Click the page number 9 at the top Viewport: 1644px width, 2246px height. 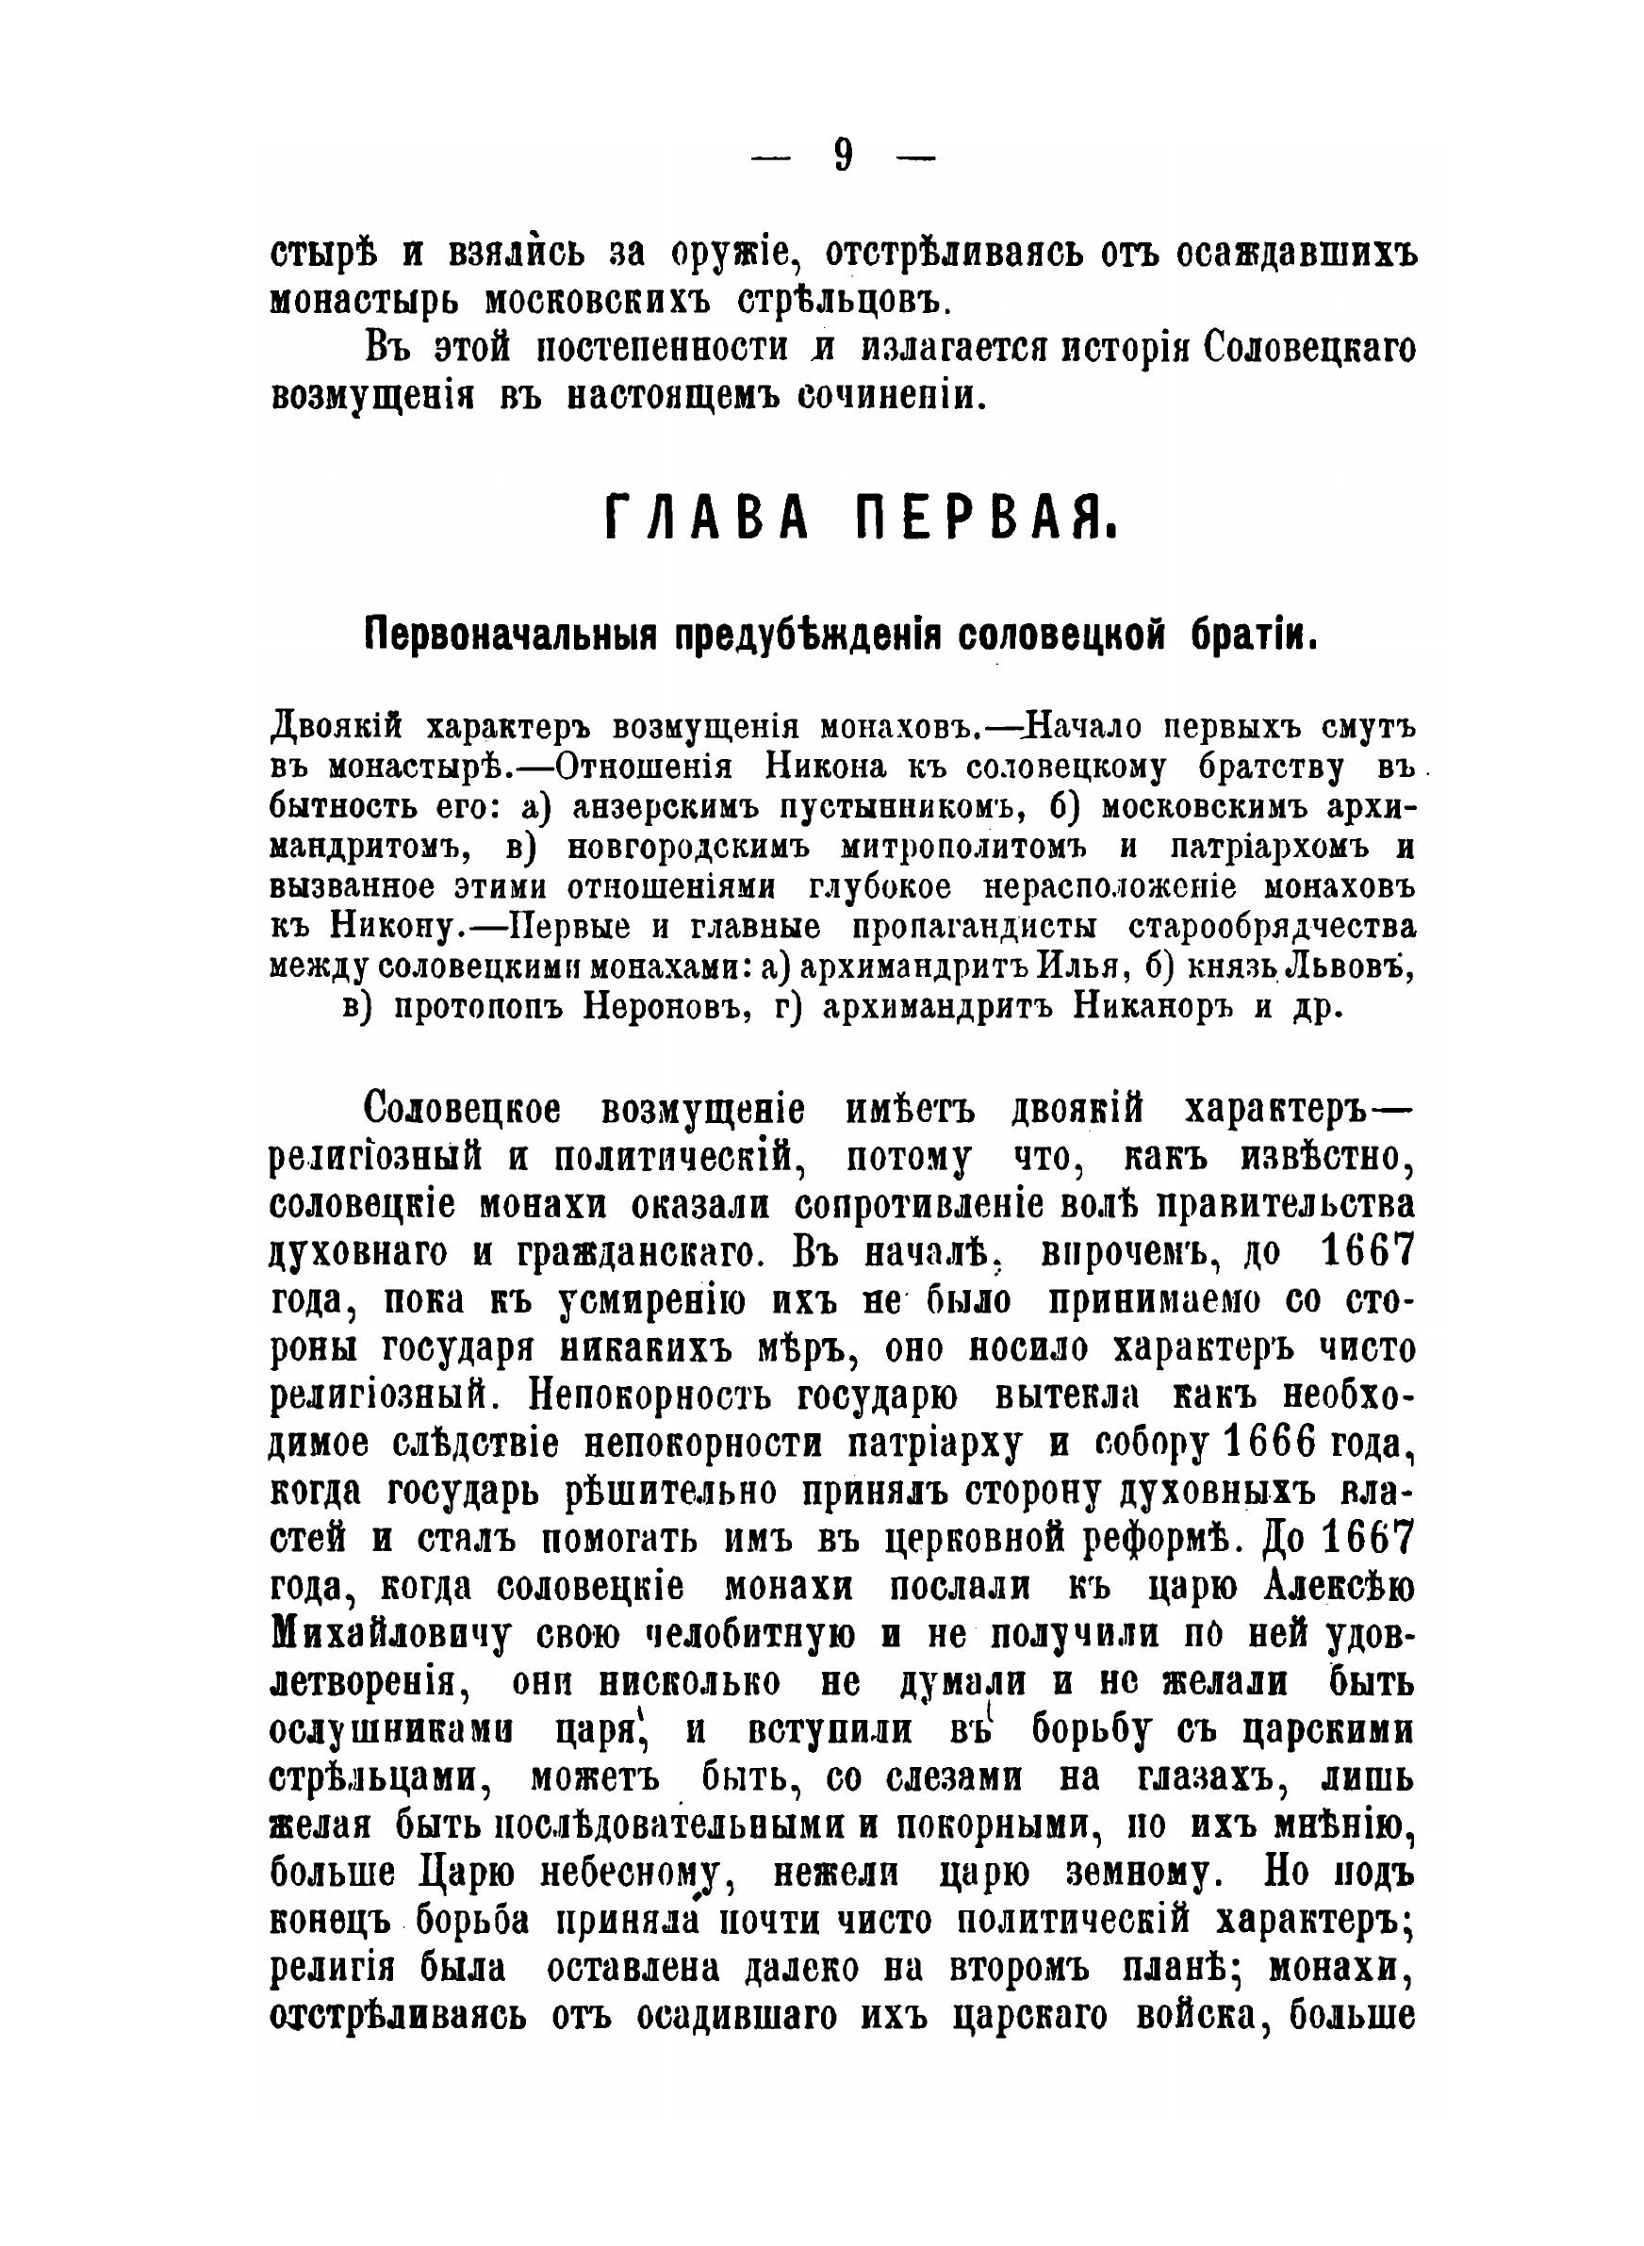click(843, 157)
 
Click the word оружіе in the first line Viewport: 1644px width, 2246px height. click(732, 254)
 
